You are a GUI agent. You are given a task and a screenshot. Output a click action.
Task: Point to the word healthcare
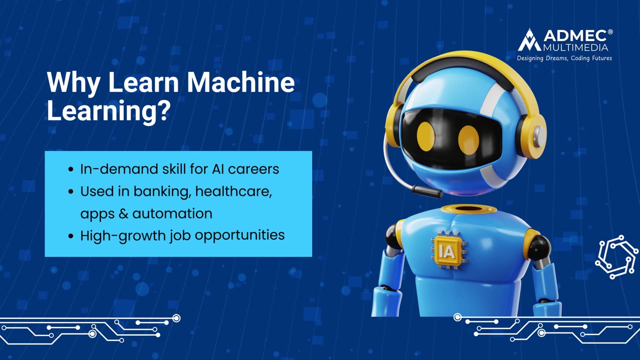click(234, 191)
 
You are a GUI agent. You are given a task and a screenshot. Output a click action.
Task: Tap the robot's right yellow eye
click(468, 138)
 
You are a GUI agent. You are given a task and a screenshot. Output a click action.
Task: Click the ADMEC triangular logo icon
click(529, 40)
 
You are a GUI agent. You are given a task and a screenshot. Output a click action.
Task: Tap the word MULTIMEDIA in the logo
click(575, 47)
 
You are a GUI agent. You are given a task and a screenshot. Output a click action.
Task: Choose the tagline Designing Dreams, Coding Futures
click(564, 58)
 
